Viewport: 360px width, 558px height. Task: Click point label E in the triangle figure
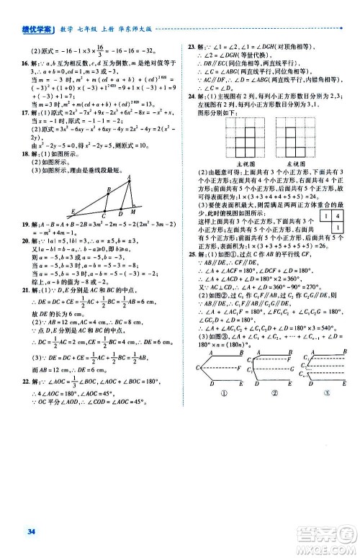tap(73, 210)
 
